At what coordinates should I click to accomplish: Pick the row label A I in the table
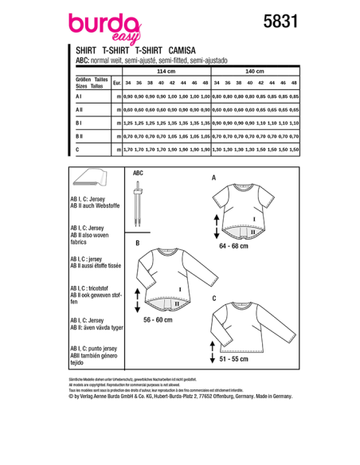click(x=80, y=96)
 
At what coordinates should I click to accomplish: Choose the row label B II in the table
click(x=80, y=136)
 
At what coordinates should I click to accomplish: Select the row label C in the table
click(x=77, y=150)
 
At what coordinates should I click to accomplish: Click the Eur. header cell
click(x=117, y=83)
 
